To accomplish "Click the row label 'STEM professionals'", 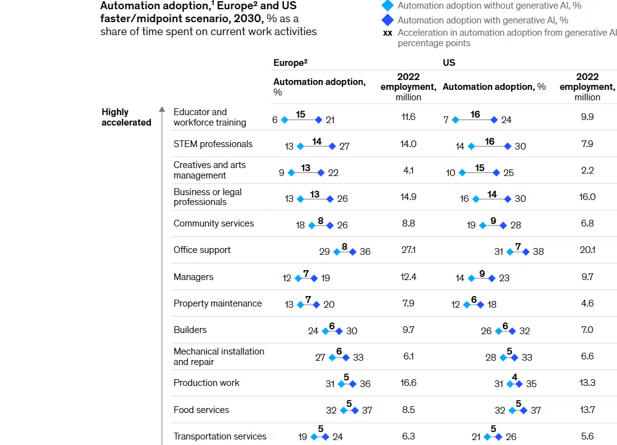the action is (213, 144).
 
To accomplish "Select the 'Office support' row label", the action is (202, 250).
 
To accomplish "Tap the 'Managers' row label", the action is (193, 277).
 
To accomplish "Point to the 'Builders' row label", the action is (190, 330).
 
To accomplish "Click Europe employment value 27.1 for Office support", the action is (408, 250).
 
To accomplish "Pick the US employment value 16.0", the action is (587, 197).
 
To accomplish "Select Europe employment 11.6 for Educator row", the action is (408, 117).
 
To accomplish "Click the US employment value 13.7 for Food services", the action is (587, 409).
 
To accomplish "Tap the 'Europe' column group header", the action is (291, 63).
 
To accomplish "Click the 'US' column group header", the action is (449, 63).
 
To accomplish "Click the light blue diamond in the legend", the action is (387, 6).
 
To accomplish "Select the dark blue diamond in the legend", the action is (387, 20).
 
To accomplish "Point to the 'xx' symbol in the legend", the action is (387, 33).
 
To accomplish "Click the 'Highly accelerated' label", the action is (126, 117).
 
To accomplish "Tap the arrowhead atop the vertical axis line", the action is (162, 110).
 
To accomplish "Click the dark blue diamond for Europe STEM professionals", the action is (332, 146).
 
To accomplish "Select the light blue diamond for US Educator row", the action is (455, 120).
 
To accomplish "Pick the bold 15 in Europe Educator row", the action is (300, 114).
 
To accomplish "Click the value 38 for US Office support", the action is (538, 251).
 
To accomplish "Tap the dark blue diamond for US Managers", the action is (491, 278).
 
